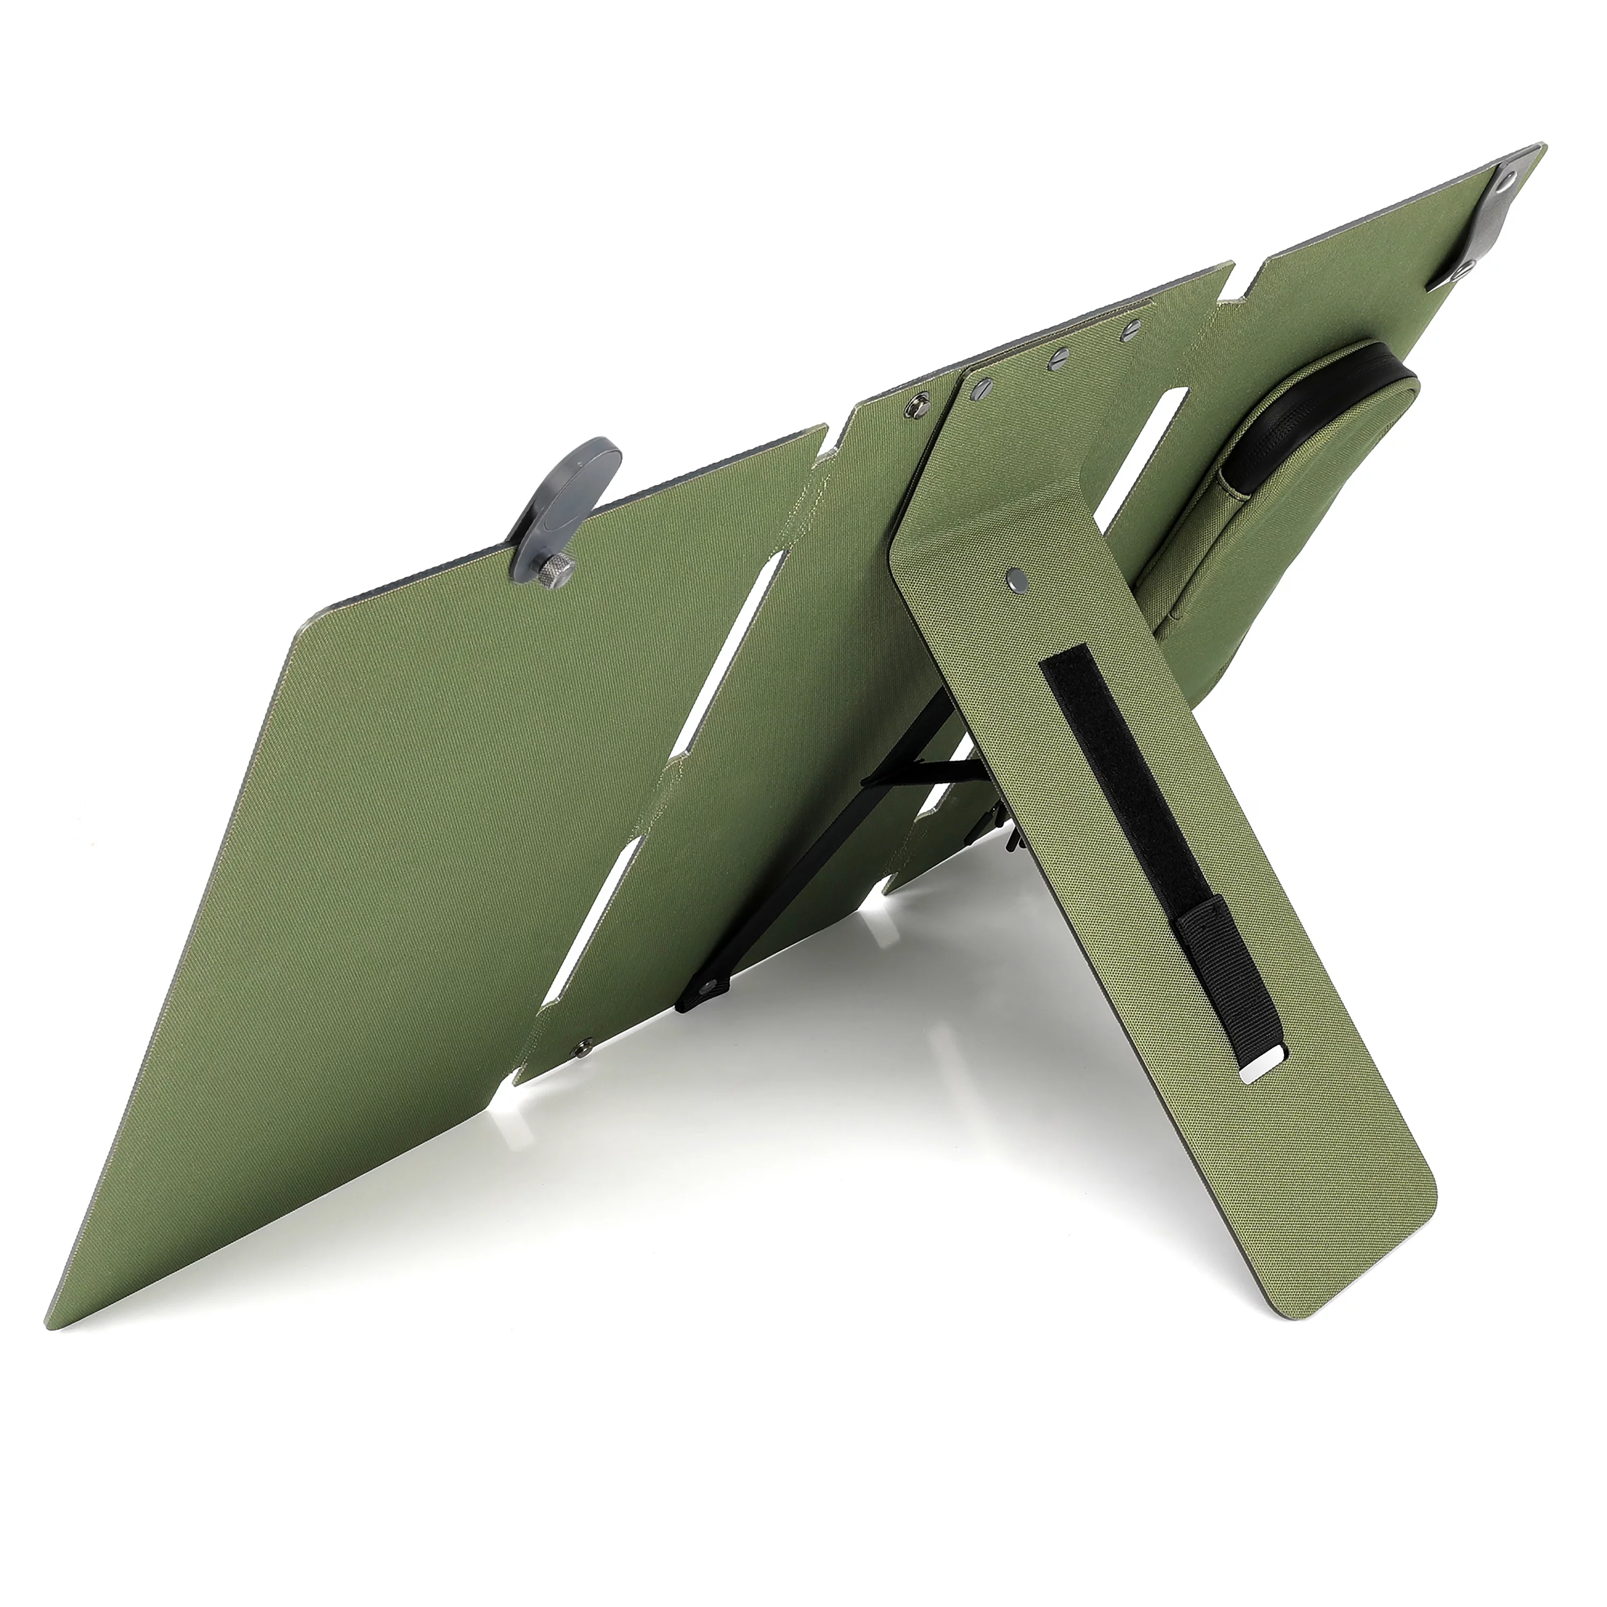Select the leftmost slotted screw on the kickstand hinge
[987, 385]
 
